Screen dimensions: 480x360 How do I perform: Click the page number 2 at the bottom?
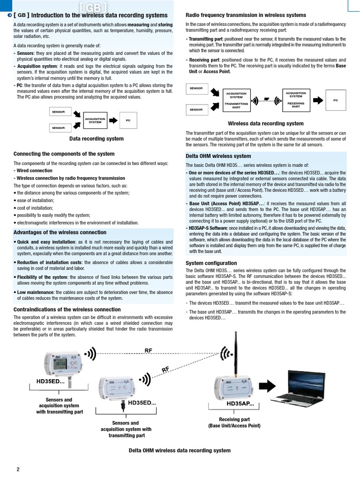click(18, 469)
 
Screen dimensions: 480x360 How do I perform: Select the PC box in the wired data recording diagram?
click(128, 120)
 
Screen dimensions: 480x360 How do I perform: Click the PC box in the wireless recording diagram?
click(336, 100)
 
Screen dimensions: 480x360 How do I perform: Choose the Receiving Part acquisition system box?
click(296, 100)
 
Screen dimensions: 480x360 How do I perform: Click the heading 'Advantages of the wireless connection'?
click(60, 232)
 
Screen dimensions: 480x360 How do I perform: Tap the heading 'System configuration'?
click(211, 263)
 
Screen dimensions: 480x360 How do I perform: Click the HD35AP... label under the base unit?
click(240, 404)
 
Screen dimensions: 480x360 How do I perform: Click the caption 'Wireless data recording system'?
click(265, 124)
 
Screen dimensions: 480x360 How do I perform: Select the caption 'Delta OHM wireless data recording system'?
click(180, 450)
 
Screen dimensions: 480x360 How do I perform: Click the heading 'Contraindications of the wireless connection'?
click(67, 309)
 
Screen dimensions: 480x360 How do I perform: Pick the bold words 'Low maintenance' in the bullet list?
click(36, 292)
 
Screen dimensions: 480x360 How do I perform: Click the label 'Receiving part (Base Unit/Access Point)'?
click(234, 422)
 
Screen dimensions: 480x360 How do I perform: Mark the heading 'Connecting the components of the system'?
click(64, 154)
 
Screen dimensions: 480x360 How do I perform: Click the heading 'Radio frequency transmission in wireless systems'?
click(246, 15)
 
